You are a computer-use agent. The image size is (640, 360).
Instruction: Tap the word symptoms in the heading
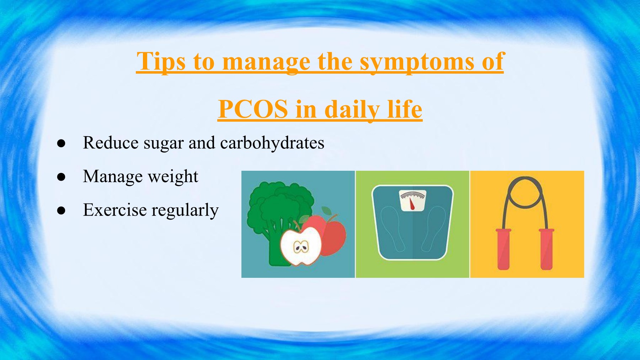416,62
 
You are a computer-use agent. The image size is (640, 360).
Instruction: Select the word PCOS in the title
253,109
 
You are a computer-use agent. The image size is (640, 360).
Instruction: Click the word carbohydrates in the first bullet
272,143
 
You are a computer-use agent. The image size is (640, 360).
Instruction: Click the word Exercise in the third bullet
115,210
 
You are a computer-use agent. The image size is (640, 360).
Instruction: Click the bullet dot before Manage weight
61,177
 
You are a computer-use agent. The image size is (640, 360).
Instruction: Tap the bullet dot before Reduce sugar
61,143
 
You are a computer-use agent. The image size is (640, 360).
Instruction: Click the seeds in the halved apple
301,247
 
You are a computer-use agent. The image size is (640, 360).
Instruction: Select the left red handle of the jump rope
503,249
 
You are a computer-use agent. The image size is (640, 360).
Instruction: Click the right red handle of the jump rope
546,249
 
